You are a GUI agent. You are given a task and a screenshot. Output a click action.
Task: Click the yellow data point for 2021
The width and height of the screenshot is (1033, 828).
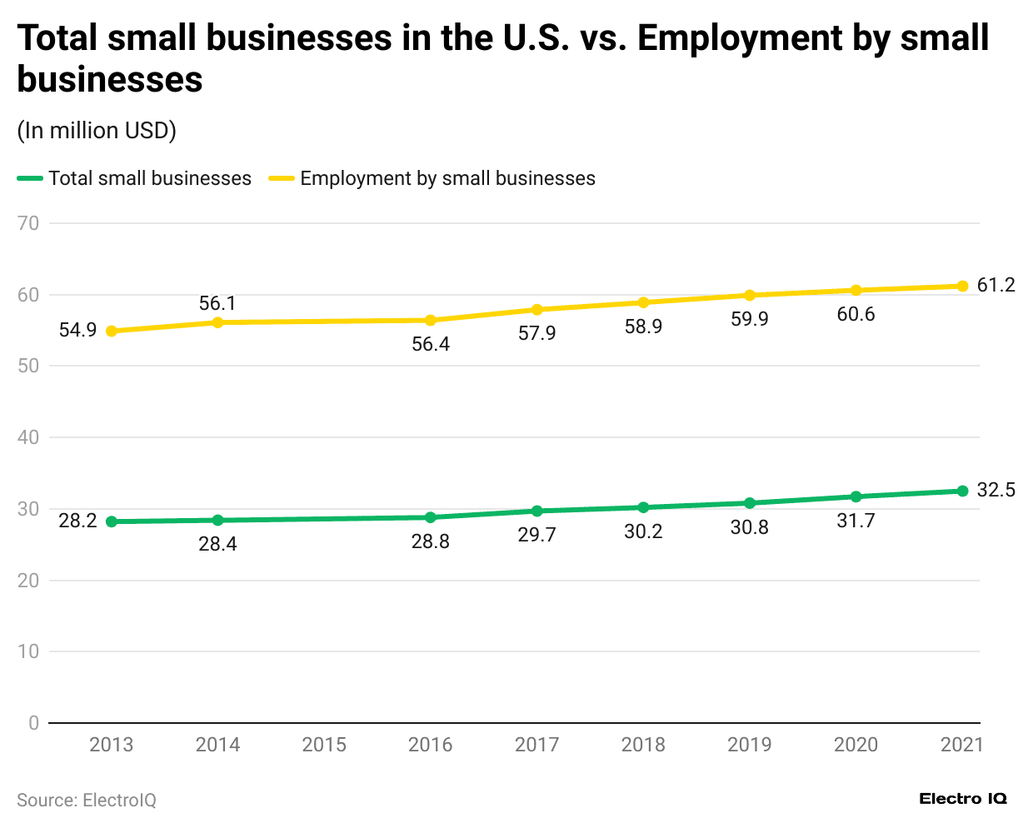(x=962, y=286)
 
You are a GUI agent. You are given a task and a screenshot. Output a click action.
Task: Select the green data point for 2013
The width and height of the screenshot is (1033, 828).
(x=111, y=521)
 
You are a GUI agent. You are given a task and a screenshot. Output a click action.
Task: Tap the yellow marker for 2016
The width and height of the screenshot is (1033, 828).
(x=431, y=320)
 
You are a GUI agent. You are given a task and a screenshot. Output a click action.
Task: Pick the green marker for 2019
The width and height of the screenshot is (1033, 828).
(x=750, y=503)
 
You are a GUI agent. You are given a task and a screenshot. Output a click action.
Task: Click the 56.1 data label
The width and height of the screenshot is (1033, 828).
(x=217, y=303)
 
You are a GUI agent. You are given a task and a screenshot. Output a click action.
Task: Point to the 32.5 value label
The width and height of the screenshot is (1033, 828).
(x=996, y=490)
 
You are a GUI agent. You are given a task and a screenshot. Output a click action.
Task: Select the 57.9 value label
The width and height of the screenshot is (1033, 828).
(x=536, y=333)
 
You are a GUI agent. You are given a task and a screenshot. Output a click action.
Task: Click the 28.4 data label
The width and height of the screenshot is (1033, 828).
(x=217, y=544)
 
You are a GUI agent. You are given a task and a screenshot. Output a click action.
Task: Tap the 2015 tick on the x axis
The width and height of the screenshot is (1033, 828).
(x=324, y=745)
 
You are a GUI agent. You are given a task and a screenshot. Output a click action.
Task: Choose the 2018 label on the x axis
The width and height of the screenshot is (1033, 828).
(x=643, y=745)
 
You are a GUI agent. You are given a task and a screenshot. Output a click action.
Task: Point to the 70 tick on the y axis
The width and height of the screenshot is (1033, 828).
(x=28, y=223)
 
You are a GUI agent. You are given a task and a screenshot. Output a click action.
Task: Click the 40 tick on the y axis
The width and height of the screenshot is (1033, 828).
(x=28, y=437)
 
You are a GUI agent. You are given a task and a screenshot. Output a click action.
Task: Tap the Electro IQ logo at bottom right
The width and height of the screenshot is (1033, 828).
(x=963, y=799)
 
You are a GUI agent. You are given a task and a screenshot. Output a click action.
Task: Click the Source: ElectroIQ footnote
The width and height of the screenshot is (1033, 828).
(x=87, y=800)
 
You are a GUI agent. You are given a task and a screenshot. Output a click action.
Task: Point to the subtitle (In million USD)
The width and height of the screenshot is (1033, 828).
(x=97, y=131)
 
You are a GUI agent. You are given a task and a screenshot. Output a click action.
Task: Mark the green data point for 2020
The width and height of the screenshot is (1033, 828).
(x=856, y=496)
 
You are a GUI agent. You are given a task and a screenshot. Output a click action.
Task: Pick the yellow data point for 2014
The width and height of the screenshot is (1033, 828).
(x=217, y=322)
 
